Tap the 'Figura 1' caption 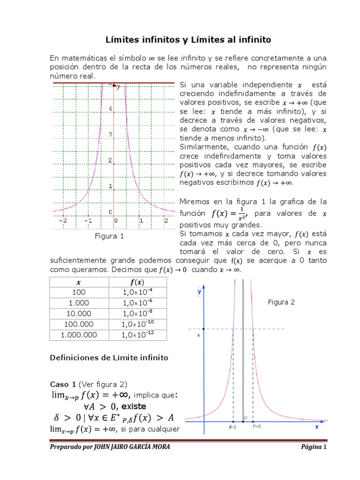[109, 236]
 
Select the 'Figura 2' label [281, 302]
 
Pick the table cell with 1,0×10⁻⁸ [138, 313]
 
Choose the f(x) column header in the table [138, 282]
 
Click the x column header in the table [79, 282]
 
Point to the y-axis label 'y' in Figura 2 [199, 291]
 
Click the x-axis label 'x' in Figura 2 [316, 427]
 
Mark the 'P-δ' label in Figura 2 [232, 427]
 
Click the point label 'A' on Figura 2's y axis [199, 336]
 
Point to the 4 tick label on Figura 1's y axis [110, 109]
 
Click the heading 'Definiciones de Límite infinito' [109, 358]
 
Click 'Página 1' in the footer [313, 447]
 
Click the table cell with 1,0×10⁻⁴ [138, 292]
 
